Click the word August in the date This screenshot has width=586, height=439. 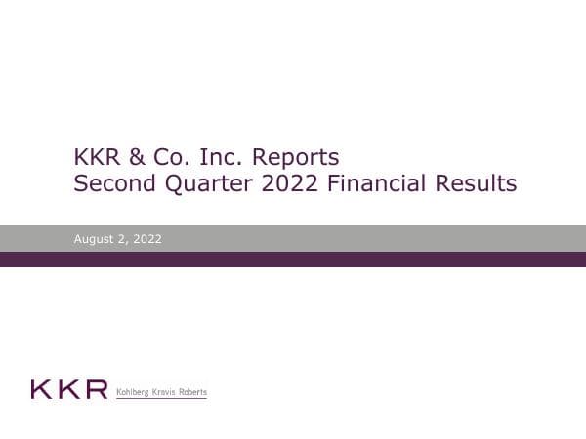(94, 239)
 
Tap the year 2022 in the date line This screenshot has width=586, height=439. (147, 239)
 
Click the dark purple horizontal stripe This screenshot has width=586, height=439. (293, 259)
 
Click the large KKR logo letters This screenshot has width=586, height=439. (68, 390)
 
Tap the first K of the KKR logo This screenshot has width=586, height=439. (41, 390)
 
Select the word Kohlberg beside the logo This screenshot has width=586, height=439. (134, 392)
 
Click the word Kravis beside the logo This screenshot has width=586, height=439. (166, 392)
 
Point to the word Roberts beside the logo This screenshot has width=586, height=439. (193, 392)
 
